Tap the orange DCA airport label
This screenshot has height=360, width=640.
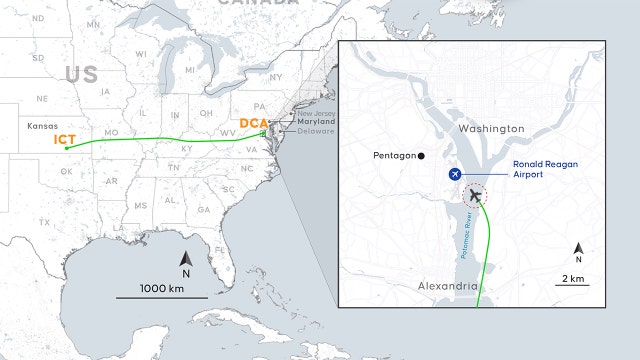click(x=253, y=124)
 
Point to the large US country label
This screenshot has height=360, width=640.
click(x=83, y=74)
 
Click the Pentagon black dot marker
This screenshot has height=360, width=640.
click(x=422, y=155)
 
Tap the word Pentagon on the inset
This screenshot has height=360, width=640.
click(x=394, y=155)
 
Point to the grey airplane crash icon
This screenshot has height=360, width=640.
click(x=475, y=196)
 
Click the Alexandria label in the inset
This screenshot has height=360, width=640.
click(x=446, y=286)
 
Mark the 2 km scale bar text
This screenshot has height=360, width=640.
click(x=573, y=277)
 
